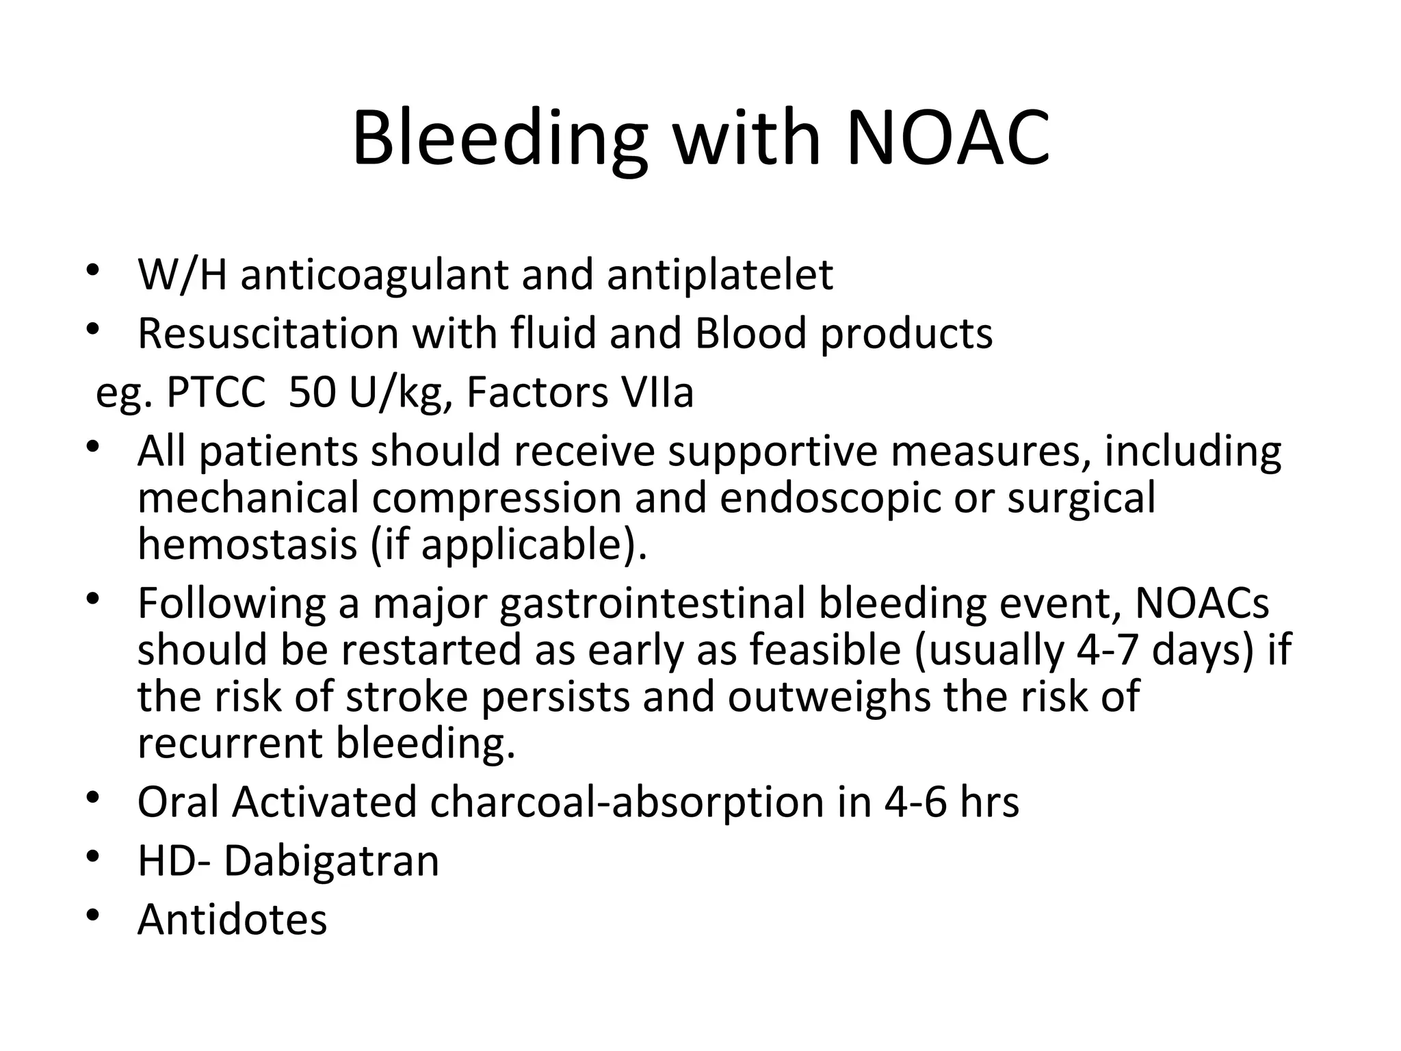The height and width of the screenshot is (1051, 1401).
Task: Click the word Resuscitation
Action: (267, 334)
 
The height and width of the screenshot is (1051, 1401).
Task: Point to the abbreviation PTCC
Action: (215, 393)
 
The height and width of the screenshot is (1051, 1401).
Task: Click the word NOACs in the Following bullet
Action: (1202, 604)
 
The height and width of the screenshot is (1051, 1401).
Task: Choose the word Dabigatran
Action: (331, 861)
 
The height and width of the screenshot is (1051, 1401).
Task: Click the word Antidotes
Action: (232, 920)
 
